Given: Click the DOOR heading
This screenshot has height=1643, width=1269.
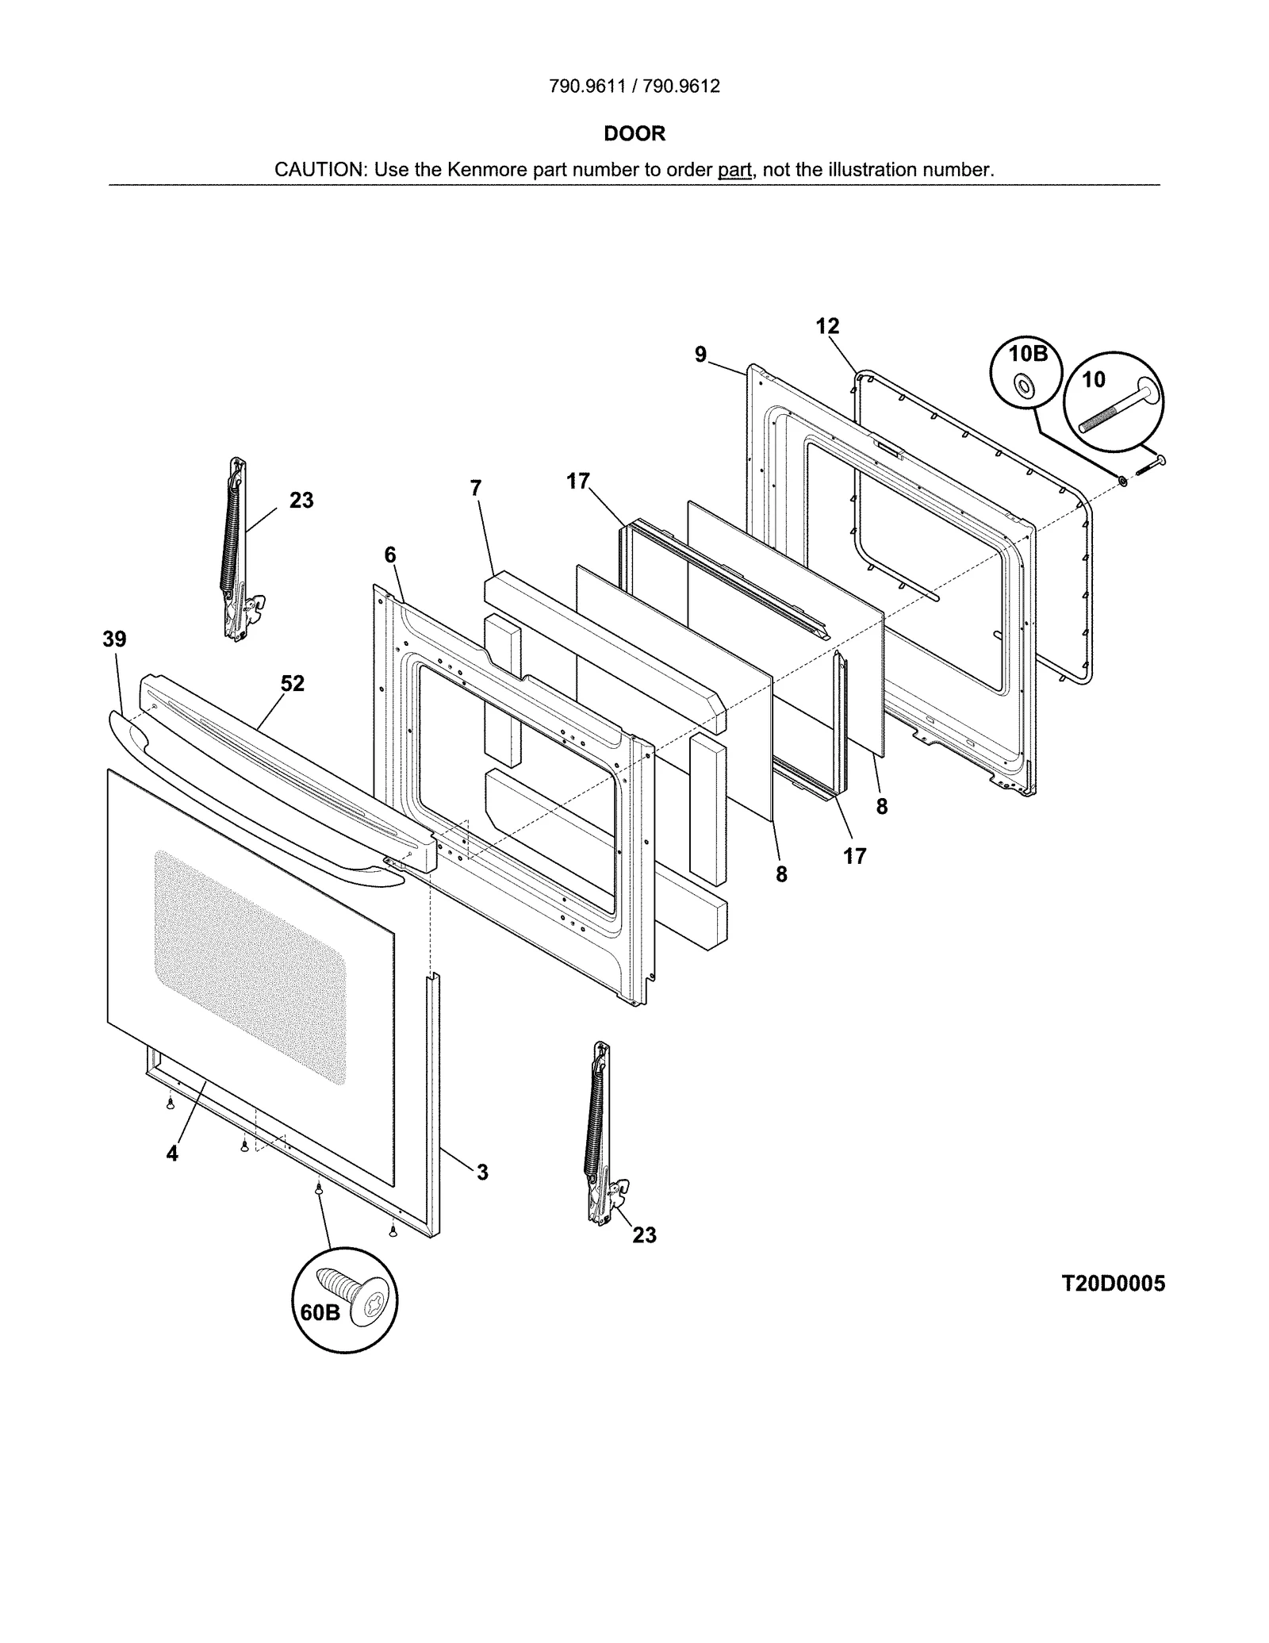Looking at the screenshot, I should point(634,133).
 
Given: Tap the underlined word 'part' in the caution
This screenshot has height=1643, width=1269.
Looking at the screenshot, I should point(734,170).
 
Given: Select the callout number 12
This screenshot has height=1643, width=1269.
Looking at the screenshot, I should point(827,326).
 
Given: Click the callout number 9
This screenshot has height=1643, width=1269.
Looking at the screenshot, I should point(700,355).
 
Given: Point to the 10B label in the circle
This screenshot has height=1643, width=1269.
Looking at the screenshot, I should point(1028,354).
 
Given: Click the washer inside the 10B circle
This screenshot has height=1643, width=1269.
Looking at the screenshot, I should point(1024,387).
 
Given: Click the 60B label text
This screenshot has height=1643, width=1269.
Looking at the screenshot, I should point(320,1313).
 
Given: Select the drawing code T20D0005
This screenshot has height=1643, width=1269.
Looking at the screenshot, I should point(1114,1284).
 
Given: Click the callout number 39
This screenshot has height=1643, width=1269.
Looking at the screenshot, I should point(114,639).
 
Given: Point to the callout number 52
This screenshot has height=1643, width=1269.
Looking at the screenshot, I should point(293,683).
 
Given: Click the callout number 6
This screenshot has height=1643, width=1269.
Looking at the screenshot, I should point(390,555).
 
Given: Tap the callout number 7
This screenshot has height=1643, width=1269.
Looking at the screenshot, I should point(475,488).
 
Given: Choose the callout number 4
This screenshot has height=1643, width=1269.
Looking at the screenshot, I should point(172,1154).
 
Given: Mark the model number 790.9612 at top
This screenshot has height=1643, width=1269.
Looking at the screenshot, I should point(681,86).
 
